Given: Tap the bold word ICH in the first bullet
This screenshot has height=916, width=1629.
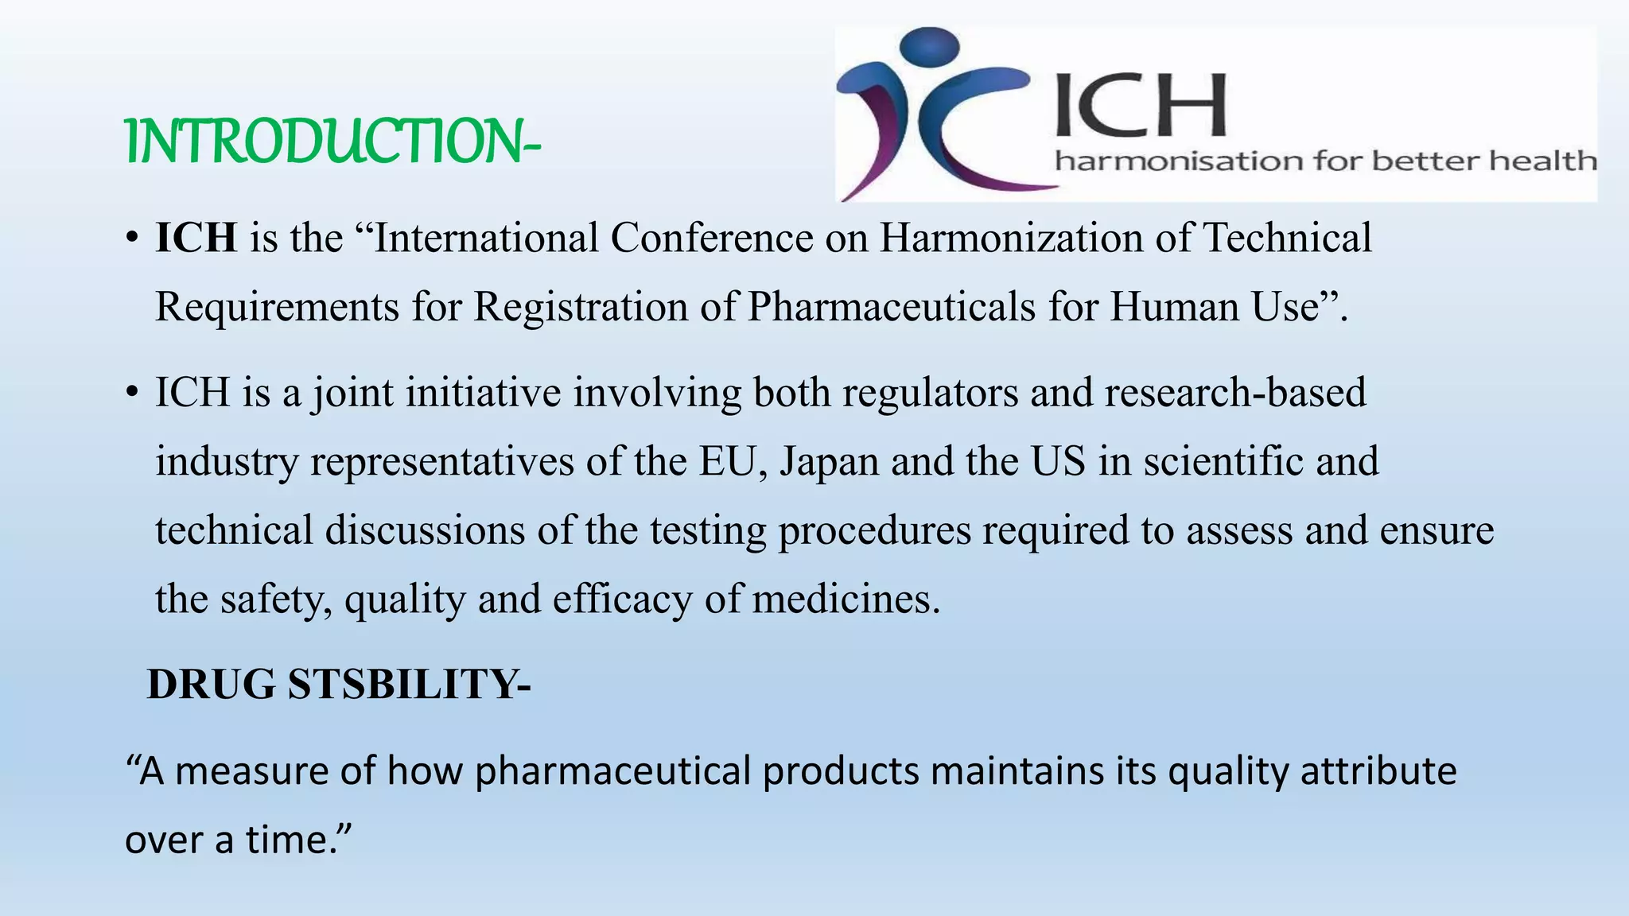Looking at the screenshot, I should point(196,238).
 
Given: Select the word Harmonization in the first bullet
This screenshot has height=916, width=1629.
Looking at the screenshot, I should point(1011,238).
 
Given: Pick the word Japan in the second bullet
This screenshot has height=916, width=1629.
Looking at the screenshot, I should point(829,461).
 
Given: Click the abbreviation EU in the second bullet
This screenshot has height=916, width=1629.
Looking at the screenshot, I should point(726,461).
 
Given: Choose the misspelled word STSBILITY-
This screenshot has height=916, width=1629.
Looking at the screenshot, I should point(409,684).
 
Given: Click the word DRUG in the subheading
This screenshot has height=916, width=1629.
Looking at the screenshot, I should point(212,684).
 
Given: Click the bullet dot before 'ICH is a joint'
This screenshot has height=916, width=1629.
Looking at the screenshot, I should point(132,393).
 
